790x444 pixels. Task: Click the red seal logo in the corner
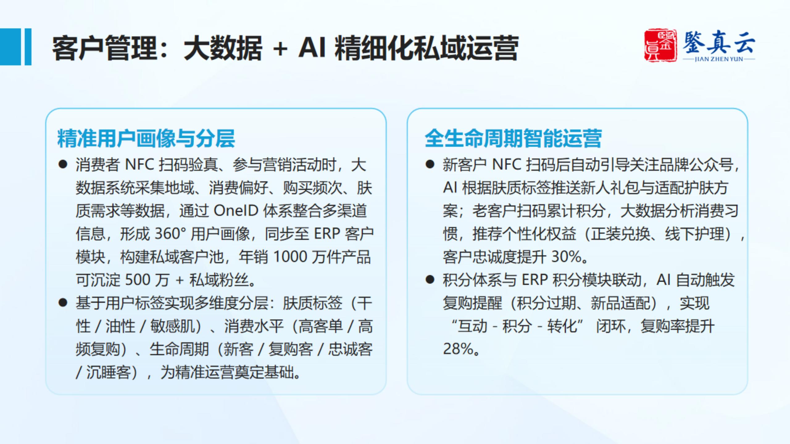click(661, 46)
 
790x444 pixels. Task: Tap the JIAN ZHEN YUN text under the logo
click(719, 59)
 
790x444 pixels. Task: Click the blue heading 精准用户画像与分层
click(146, 138)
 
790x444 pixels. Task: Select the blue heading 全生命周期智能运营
click(513, 138)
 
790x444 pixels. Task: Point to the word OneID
click(236, 211)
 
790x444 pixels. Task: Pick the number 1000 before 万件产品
click(290, 257)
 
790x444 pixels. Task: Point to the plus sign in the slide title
click(280, 49)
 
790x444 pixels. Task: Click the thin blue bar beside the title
click(28, 47)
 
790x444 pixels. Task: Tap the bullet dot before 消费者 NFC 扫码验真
click(63, 165)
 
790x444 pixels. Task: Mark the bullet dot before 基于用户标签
click(63, 303)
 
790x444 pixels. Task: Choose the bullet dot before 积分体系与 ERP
click(430, 280)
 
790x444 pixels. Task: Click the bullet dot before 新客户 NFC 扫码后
click(430, 164)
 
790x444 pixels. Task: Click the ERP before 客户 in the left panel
click(327, 234)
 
